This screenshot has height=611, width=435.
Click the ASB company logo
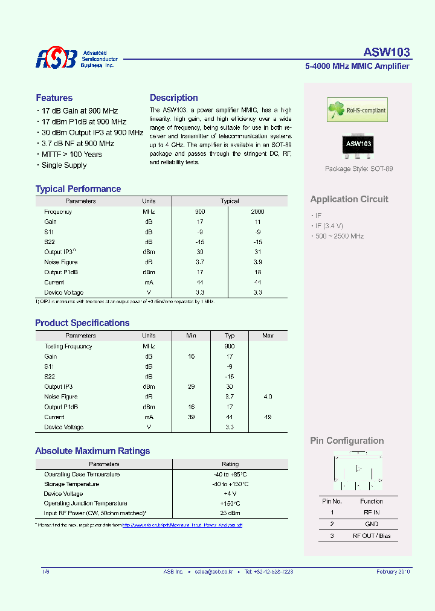click(x=56, y=59)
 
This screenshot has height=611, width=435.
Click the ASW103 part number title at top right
click(x=387, y=52)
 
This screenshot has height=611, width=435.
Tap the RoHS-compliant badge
click(x=357, y=110)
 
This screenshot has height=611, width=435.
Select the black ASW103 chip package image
click(x=358, y=144)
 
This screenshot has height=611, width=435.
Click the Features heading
click(x=54, y=98)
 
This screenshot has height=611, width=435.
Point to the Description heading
click(x=174, y=98)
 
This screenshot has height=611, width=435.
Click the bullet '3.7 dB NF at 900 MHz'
click(x=77, y=144)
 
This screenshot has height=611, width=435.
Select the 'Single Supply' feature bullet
click(x=63, y=165)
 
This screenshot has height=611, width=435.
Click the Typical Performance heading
click(x=78, y=189)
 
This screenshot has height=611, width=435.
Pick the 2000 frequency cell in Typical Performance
click(x=257, y=212)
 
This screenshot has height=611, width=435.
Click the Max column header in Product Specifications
click(x=268, y=336)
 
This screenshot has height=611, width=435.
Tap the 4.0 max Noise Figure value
click(x=268, y=397)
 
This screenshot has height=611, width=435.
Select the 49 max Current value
click(x=268, y=417)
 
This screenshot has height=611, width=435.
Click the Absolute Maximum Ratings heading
click(x=92, y=451)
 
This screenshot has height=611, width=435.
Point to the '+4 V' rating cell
click(x=230, y=494)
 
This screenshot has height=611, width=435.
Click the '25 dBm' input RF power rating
click(x=230, y=513)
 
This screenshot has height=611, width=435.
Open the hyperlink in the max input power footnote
click(x=182, y=525)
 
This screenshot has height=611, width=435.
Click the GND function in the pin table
click(x=371, y=524)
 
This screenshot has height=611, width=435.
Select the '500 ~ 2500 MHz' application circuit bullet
click(x=339, y=236)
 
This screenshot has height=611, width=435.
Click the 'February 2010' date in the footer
click(x=393, y=571)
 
